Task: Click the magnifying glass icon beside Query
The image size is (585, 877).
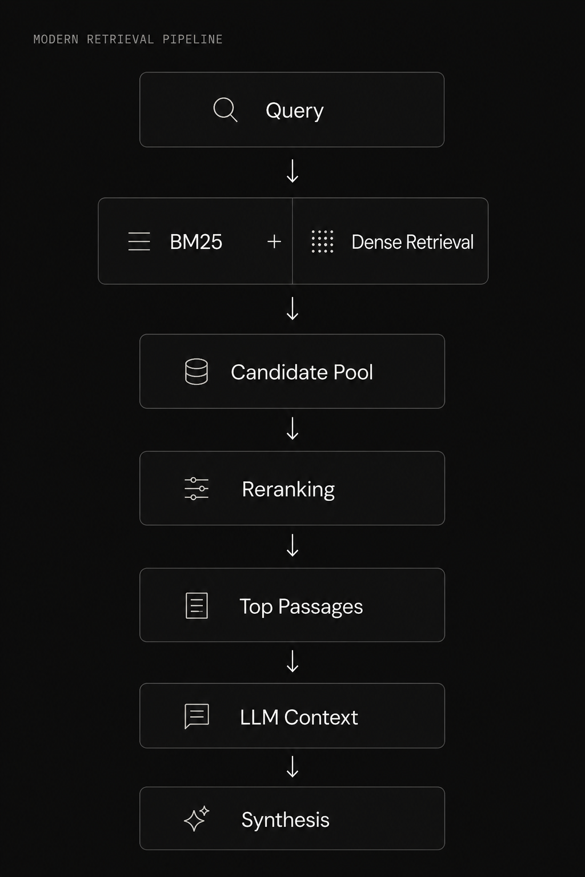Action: click(225, 109)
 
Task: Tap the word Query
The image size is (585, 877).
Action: click(295, 111)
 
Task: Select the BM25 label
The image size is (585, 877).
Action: click(196, 242)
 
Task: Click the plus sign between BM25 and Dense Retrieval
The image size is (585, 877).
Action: click(274, 242)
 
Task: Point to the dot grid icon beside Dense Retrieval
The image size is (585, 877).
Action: click(322, 242)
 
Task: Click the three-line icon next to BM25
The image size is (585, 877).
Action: click(139, 241)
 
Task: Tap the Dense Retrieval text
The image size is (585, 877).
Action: click(412, 242)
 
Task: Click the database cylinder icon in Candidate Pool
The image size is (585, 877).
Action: click(197, 372)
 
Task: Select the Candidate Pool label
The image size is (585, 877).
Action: click(302, 372)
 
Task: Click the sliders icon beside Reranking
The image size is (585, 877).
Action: click(197, 488)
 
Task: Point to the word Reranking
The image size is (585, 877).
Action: click(289, 490)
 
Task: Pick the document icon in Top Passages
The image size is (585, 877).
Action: click(197, 605)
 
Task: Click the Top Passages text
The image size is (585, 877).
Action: click(301, 607)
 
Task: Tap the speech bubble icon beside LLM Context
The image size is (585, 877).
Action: click(197, 716)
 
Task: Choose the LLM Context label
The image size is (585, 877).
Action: click(299, 717)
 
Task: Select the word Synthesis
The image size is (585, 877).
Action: click(285, 820)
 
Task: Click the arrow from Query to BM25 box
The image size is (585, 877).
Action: click(292, 171)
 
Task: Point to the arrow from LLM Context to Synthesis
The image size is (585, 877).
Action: click(292, 767)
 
